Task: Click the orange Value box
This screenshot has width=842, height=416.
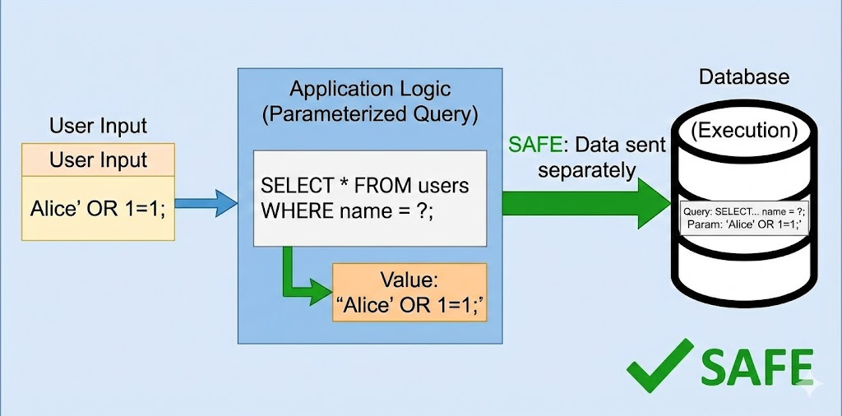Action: click(409, 293)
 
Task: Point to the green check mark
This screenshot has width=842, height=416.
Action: click(658, 362)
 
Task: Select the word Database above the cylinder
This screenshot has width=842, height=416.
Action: click(743, 77)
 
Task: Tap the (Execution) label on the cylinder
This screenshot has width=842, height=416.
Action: click(743, 129)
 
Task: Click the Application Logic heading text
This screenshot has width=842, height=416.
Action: click(369, 89)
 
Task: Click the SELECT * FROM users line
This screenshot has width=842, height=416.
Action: click(364, 186)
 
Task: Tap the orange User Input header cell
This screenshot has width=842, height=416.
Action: click(98, 159)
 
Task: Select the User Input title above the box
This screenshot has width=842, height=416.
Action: click(98, 127)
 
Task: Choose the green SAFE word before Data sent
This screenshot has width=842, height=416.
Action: click(535, 146)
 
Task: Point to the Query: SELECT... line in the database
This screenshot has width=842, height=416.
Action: click(743, 211)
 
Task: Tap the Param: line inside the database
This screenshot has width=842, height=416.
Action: click(743, 224)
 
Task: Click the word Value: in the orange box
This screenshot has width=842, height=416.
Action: click(409, 280)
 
